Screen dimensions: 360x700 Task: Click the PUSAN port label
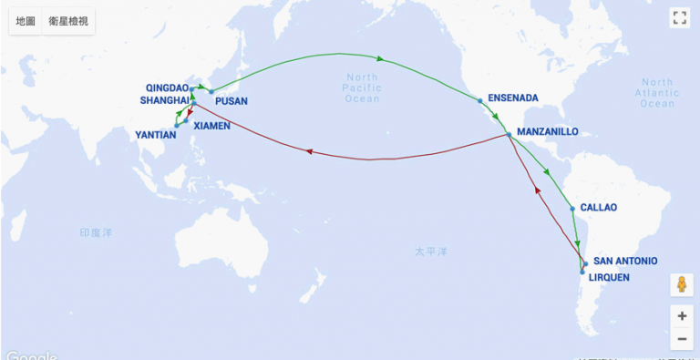coord(232,101)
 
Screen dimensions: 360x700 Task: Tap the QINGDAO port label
coord(167,87)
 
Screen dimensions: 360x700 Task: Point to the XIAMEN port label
coord(211,126)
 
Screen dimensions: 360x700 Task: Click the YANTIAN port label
coord(155,134)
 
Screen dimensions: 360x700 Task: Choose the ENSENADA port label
coord(513,98)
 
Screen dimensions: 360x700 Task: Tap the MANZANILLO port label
coord(547,131)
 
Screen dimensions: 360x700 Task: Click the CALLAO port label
coord(598,207)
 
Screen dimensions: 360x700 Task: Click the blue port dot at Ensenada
coord(479,100)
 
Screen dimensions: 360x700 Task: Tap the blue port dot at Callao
coord(572,209)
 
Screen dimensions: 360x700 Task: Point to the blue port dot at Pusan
coord(211,91)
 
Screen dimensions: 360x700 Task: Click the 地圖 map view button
coord(26,21)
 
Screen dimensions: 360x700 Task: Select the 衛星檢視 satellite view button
coord(69,21)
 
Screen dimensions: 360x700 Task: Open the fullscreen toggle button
coord(680,17)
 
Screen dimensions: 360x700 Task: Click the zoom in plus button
coord(681,316)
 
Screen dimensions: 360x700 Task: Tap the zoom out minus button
coord(681,339)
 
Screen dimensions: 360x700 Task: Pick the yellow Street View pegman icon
coord(681,284)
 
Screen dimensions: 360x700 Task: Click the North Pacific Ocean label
coord(362,88)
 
